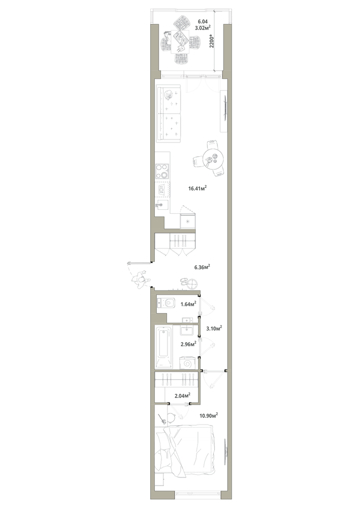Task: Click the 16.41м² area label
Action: tap(198, 188)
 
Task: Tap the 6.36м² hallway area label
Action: tap(202, 267)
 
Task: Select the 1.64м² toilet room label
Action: tap(188, 304)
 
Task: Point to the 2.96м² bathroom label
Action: tap(188, 344)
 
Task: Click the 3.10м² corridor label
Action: tap(214, 328)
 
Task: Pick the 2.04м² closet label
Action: tap(182, 395)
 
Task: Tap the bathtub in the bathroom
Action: tap(163, 348)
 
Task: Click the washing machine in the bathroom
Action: tap(187, 363)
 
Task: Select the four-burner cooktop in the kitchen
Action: tap(162, 172)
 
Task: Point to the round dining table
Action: tap(213, 159)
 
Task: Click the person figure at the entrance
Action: tap(141, 280)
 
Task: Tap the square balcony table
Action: tap(180, 42)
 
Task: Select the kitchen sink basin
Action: tap(162, 205)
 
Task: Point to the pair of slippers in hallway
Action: tap(184, 281)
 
